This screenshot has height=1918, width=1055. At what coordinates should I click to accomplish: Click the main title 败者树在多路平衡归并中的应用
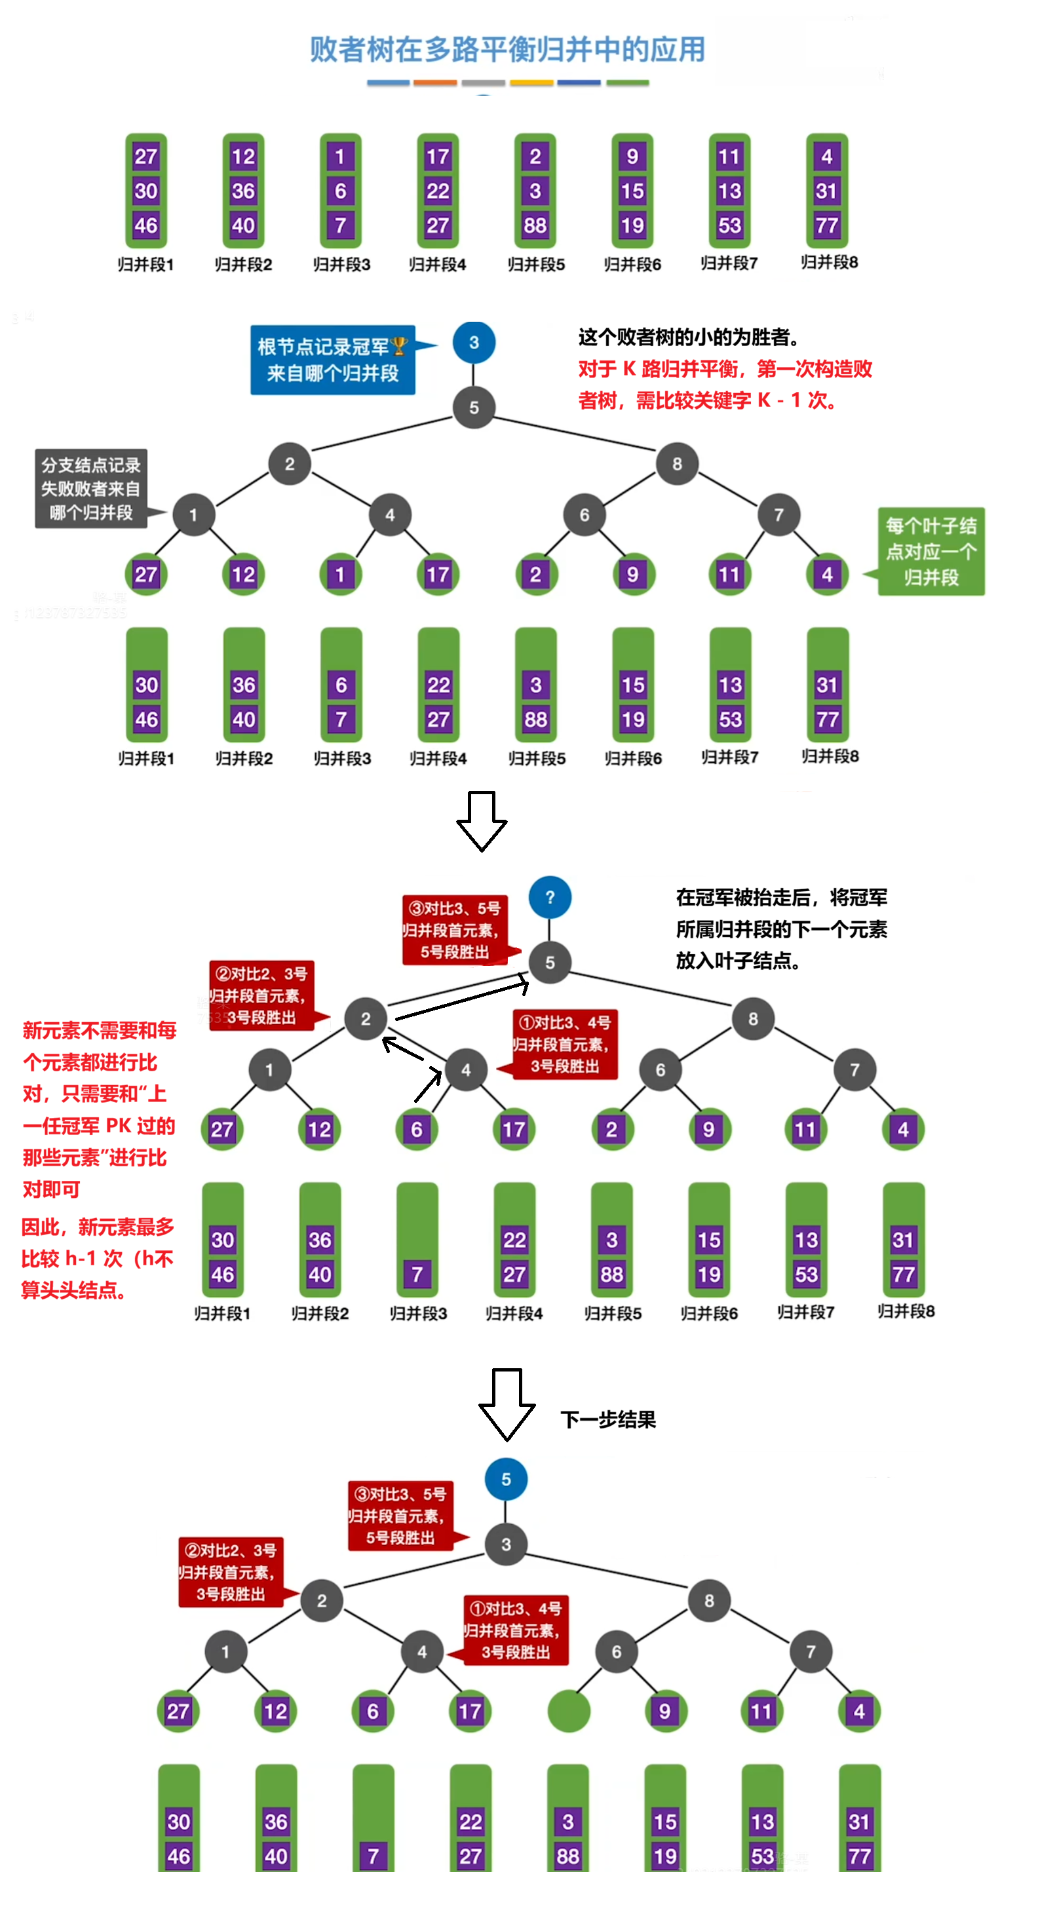pyautogui.click(x=507, y=49)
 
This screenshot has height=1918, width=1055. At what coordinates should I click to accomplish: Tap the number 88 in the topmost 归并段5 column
pyautogui.click(x=535, y=225)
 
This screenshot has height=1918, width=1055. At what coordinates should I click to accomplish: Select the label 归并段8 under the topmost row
pyautogui.click(x=829, y=262)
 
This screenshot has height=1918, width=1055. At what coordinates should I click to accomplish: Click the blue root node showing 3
pyautogui.click(x=474, y=343)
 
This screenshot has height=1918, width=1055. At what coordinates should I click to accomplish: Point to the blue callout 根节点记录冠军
pyautogui.click(x=332, y=360)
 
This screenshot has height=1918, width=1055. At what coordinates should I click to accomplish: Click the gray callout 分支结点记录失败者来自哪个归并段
pyautogui.click(x=91, y=488)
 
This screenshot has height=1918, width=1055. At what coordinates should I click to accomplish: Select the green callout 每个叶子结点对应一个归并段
pyautogui.click(x=930, y=551)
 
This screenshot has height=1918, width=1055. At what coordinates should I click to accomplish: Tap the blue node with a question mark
pyautogui.click(x=550, y=897)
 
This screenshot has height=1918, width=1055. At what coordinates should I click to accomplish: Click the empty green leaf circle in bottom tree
pyautogui.click(x=568, y=1710)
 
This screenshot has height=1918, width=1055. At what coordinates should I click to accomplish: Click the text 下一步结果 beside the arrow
pyautogui.click(x=607, y=1419)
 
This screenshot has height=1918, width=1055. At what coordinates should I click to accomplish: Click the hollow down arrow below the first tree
pyautogui.click(x=481, y=820)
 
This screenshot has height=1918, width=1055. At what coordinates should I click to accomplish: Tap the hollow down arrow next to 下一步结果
pyautogui.click(x=507, y=1403)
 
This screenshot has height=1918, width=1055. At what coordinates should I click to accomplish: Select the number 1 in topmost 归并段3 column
pyautogui.click(x=339, y=157)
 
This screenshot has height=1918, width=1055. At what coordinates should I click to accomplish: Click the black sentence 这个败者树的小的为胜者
pyautogui.click(x=689, y=337)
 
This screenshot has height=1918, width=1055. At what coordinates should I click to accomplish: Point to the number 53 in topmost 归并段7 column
pyautogui.click(x=729, y=225)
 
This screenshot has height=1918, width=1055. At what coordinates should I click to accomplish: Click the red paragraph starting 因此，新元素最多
pyautogui.click(x=97, y=1257)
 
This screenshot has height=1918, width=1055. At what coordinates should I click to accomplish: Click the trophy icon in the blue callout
pyautogui.click(x=398, y=346)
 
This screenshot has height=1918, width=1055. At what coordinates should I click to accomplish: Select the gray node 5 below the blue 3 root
pyautogui.click(x=474, y=408)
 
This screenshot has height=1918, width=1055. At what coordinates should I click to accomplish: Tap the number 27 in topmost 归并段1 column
pyautogui.click(x=145, y=157)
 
